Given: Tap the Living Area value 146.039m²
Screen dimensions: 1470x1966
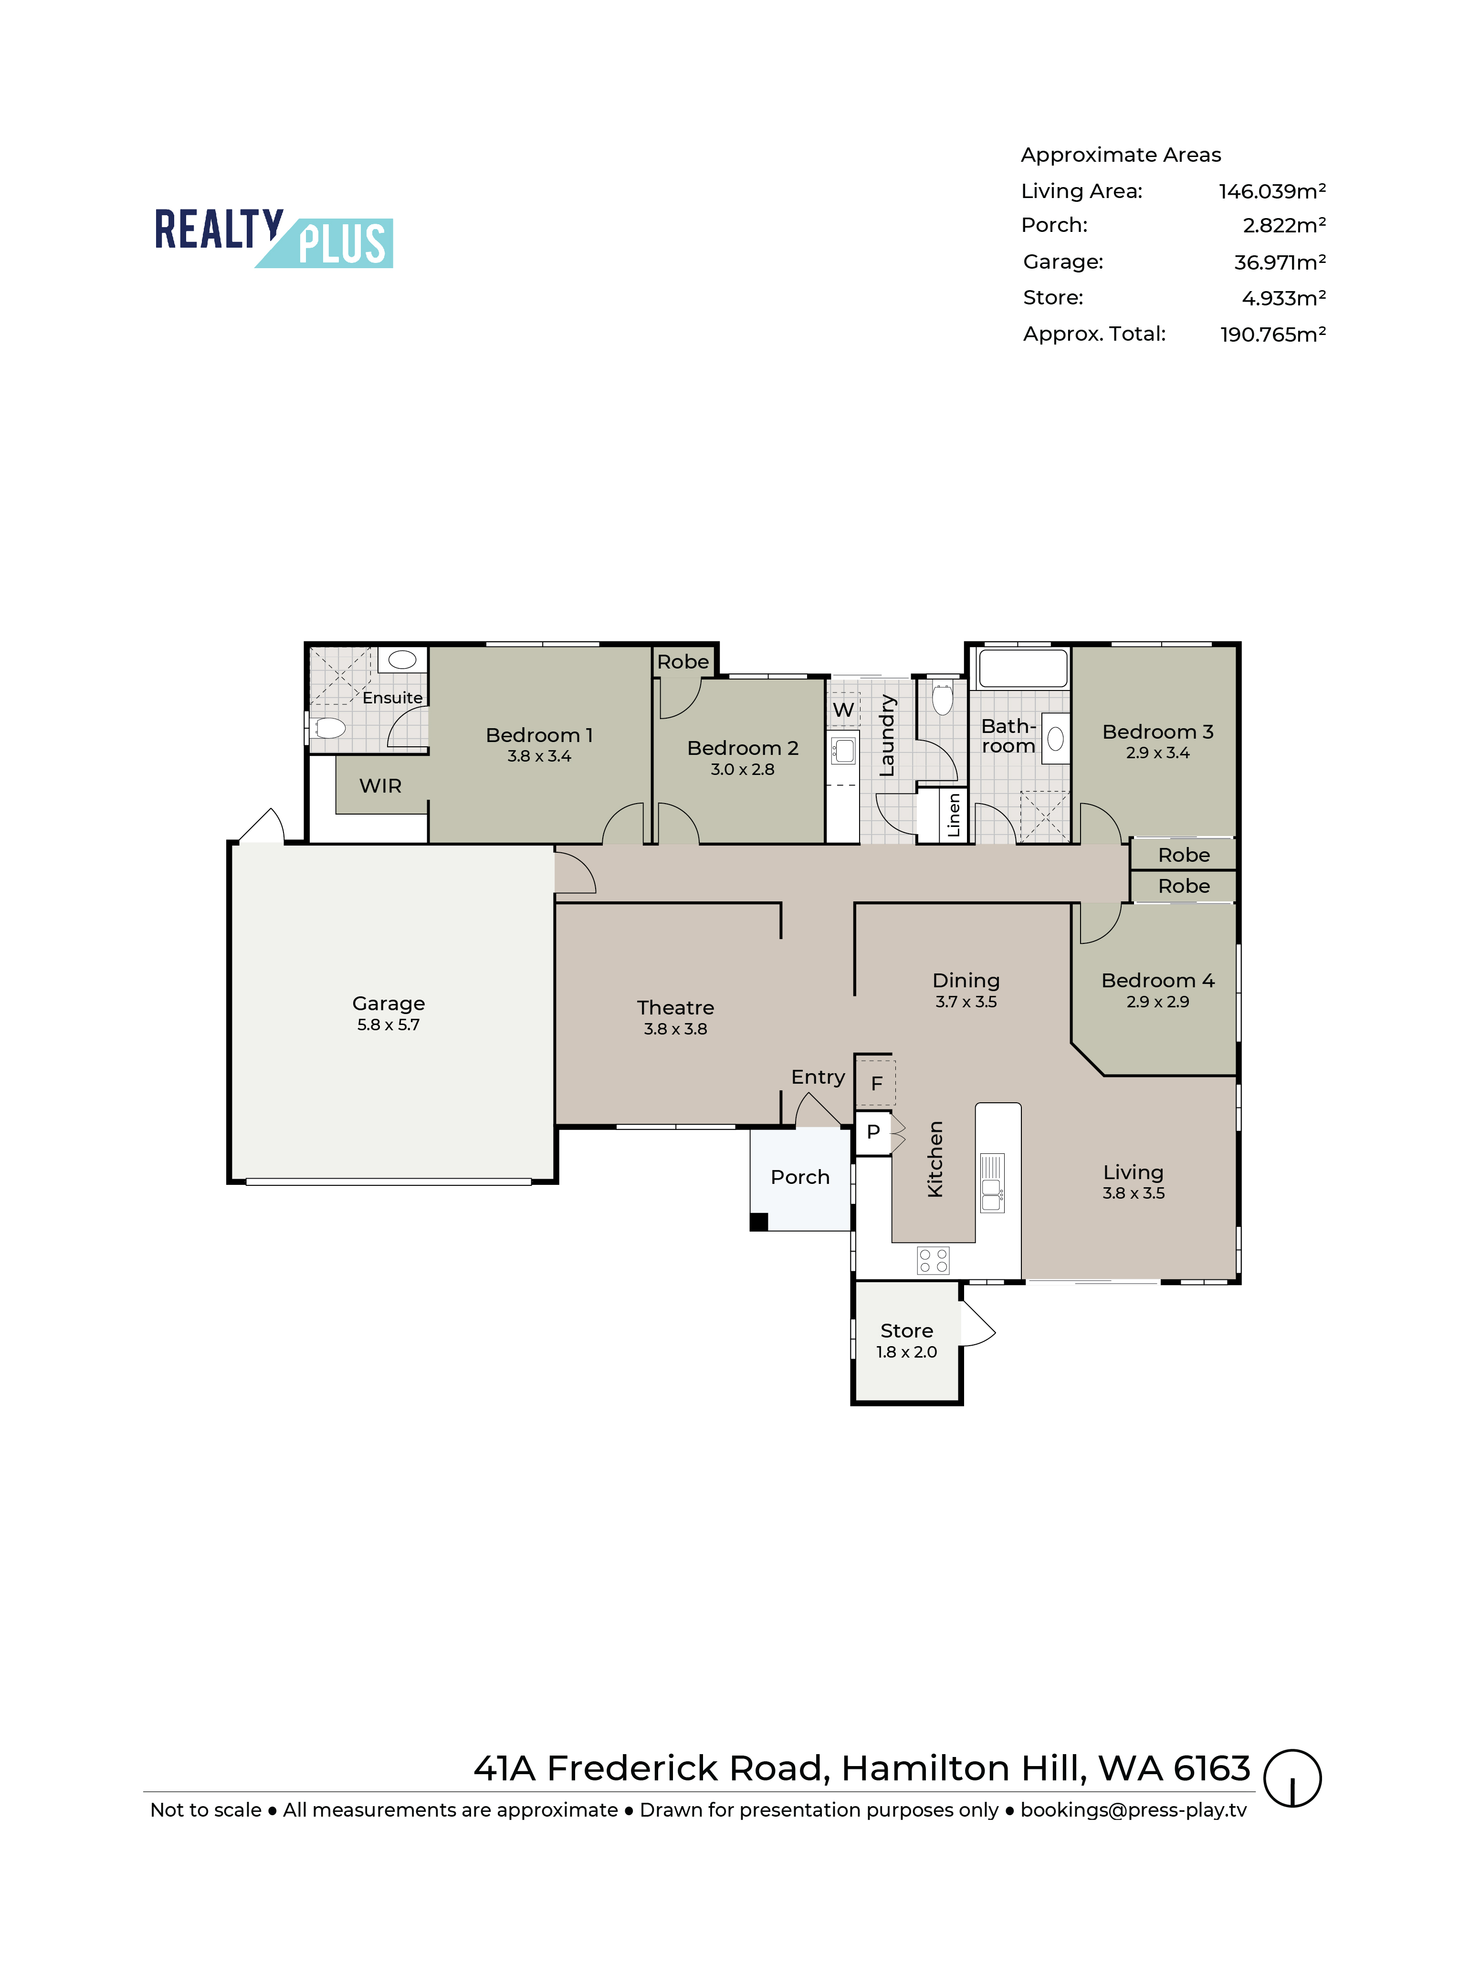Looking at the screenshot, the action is tap(1272, 191).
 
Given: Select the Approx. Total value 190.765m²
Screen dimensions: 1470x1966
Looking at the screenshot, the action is tap(1273, 334).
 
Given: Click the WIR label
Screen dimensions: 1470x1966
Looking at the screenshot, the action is tap(380, 786).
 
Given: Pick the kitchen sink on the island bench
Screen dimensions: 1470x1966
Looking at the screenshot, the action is tap(992, 1183).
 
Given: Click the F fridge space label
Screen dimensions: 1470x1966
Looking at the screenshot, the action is tap(876, 1083).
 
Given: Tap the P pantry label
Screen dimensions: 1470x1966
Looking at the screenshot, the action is tap(873, 1131).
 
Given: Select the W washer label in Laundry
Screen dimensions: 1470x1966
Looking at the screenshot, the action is tap(843, 709).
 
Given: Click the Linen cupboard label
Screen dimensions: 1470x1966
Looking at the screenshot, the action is tap(954, 815).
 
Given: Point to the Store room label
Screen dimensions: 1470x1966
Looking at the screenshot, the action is tap(906, 1330).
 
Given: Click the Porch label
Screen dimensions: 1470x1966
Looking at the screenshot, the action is tap(800, 1177).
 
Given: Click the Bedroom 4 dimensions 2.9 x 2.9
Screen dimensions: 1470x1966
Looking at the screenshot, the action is tap(1157, 1002).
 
